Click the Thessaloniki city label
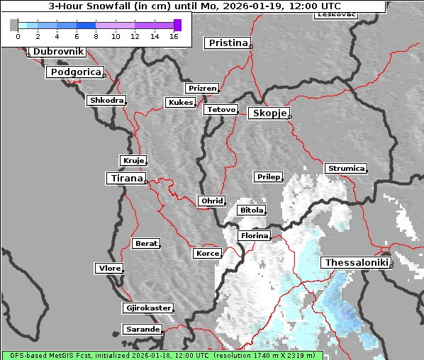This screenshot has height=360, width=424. click(356, 262)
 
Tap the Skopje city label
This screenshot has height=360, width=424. click(268, 113)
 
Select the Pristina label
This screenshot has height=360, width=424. click(228, 43)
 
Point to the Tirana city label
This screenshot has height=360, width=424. click(125, 179)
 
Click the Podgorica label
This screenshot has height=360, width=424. click(75, 72)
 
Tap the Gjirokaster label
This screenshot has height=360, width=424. click(147, 308)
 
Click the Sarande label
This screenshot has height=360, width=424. click(142, 330)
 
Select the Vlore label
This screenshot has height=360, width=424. click(109, 269)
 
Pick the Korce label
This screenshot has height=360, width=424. click(207, 253)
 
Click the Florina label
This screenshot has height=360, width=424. click(254, 235)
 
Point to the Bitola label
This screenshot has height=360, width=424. click(251, 210)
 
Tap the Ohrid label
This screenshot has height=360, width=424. click(212, 201)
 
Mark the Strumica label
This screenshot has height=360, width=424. click(346, 169)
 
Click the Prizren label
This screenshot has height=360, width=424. click(202, 89)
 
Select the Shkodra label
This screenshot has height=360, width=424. click(106, 101)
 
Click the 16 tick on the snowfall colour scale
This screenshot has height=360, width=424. click(173, 35)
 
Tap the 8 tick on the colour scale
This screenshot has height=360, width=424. click(96, 35)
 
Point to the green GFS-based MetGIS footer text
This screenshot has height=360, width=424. click(162, 355)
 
